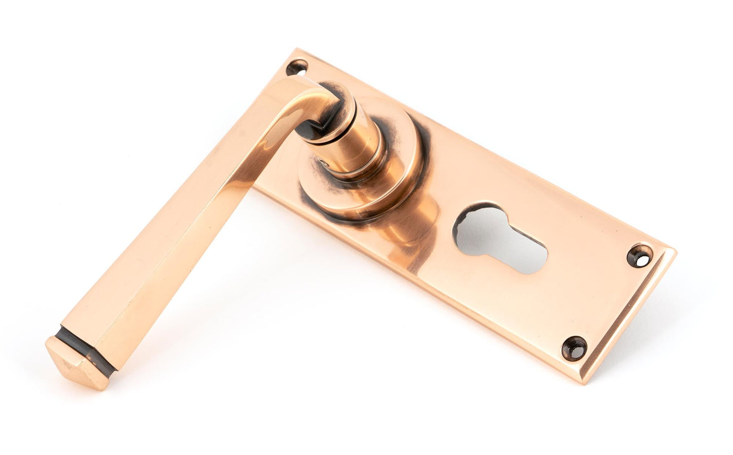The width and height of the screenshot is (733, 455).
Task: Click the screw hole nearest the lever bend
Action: click(x=297, y=66)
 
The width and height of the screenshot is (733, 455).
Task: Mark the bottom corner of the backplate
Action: click(x=588, y=381)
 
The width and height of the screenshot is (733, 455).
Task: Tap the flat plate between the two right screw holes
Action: click(x=604, y=299)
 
